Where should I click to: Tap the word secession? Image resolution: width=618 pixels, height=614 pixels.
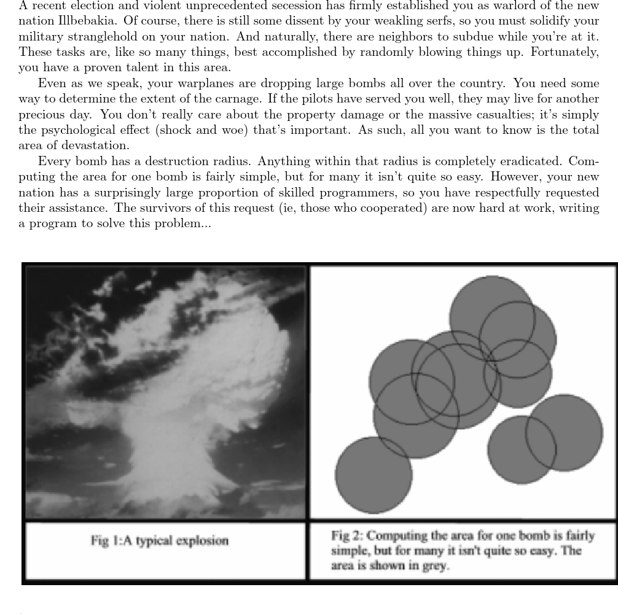tap(282, 6)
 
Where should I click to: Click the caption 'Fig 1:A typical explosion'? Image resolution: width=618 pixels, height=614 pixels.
tap(160, 541)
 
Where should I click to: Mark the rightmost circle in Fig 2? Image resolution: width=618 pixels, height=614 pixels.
tap(571, 433)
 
